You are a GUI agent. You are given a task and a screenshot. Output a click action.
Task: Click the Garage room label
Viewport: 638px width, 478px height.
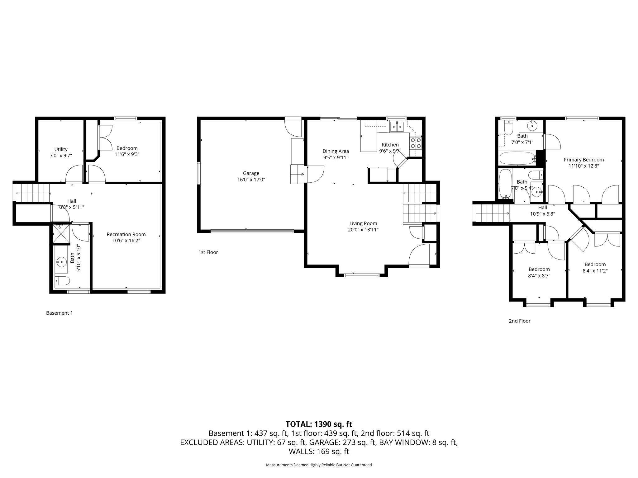(251, 173)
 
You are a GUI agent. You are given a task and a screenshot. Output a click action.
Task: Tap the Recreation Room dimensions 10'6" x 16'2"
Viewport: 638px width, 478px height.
(126, 241)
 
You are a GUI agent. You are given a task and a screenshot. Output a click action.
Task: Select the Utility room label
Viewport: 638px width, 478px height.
(61, 149)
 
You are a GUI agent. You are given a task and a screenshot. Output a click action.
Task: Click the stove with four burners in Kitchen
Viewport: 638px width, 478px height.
(416, 143)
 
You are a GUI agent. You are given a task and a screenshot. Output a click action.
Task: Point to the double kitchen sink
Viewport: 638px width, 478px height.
(397, 127)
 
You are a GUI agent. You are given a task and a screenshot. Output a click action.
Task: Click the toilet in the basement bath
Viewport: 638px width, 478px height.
(62, 281)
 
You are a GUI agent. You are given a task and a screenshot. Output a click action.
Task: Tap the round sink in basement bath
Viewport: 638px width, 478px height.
(61, 262)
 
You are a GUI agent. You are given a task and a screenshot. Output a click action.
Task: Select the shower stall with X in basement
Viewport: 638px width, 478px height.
(61, 234)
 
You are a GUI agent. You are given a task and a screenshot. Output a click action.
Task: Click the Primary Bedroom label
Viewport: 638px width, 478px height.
(583, 160)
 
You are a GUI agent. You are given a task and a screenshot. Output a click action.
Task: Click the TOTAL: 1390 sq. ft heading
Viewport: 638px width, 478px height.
(319, 424)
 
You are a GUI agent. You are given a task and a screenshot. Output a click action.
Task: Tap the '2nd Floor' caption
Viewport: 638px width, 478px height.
(519, 321)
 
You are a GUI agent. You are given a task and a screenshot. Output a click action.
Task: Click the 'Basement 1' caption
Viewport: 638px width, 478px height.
(59, 313)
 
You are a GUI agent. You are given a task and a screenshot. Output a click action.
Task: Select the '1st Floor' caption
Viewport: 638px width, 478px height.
(208, 252)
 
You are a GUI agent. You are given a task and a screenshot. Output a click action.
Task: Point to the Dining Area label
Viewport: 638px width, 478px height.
(336, 151)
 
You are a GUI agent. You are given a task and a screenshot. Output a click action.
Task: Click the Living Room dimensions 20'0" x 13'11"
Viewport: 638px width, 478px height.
(363, 230)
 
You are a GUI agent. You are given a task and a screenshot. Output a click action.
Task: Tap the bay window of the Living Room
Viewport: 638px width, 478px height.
(362, 274)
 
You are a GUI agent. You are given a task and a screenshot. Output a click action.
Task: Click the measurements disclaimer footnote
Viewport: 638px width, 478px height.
(319, 465)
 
